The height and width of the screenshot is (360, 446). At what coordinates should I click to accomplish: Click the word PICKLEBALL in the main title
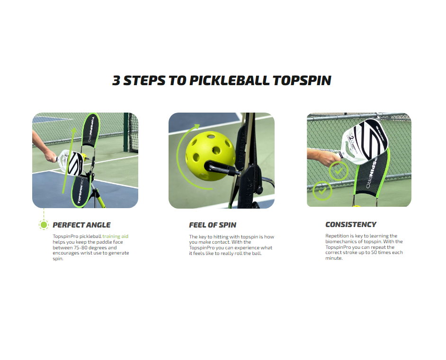[230, 80]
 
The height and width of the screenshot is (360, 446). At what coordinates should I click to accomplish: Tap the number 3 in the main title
[116, 80]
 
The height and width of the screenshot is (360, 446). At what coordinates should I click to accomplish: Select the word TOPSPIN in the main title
[303, 80]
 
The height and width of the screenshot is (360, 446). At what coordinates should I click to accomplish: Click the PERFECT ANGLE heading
[81, 225]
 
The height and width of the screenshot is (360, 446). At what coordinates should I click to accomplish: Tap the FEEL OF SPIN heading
[213, 225]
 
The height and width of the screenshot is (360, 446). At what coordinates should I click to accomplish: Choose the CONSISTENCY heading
[351, 225]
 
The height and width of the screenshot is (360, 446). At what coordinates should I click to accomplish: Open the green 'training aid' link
[116, 236]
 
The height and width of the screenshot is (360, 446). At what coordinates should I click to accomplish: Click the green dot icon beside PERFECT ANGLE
[44, 225]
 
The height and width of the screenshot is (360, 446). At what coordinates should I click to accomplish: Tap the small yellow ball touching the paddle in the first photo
[84, 155]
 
